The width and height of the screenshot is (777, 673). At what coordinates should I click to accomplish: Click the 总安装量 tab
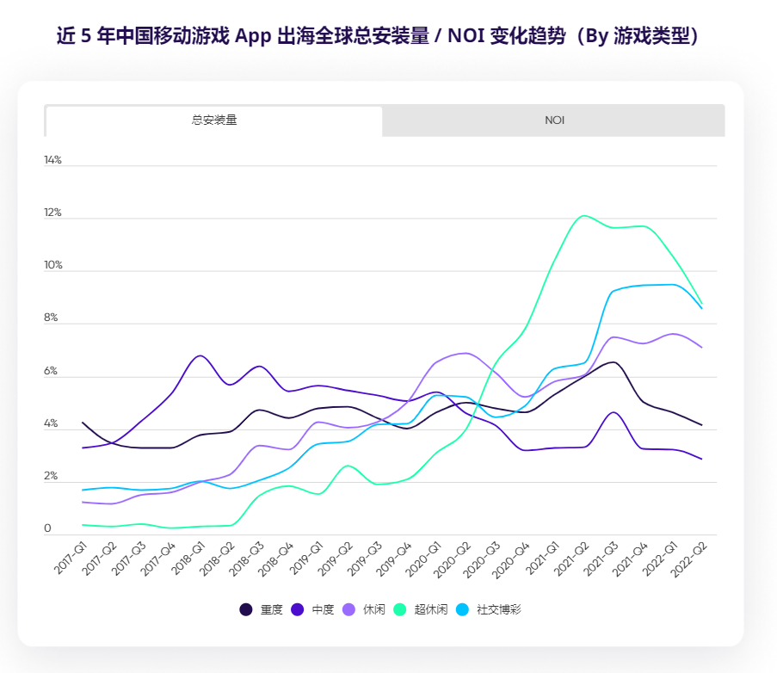pyautogui.click(x=214, y=120)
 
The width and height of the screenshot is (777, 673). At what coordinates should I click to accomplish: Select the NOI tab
pyautogui.click(x=554, y=120)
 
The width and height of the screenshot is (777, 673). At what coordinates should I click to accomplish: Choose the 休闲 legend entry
pyautogui.click(x=365, y=609)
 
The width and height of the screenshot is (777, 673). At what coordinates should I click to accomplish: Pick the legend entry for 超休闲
pyautogui.click(x=422, y=609)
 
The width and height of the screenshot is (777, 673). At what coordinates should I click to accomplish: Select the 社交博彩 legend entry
pyautogui.click(x=491, y=609)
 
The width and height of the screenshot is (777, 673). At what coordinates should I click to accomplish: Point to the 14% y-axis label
pyautogui.click(x=53, y=160)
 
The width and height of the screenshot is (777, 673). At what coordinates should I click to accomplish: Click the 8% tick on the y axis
pyautogui.click(x=52, y=318)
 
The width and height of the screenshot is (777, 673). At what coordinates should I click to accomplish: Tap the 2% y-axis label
pyautogui.click(x=52, y=476)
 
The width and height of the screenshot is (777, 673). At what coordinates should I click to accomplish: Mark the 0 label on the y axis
pyautogui.click(x=48, y=528)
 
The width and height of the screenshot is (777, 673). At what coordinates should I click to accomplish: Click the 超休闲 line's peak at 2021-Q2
pyautogui.click(x=584, y=215)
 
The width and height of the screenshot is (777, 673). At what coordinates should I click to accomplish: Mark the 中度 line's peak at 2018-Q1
pyautogui.click(x=200, y=355)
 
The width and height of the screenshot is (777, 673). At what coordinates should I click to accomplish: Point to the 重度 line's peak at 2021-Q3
pyautogui.click(x=612, y=362)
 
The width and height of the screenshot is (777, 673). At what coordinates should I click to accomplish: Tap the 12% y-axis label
pyautogui.click(x=53, y=213)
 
